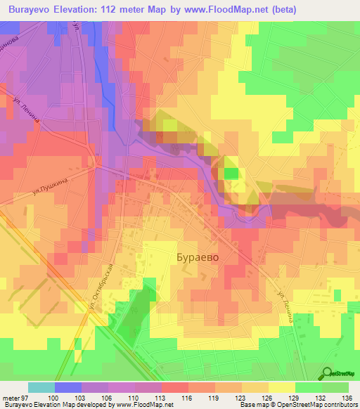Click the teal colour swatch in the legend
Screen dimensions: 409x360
click(x=41, y=387)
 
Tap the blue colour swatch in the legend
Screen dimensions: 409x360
click(x=68, y=387)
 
